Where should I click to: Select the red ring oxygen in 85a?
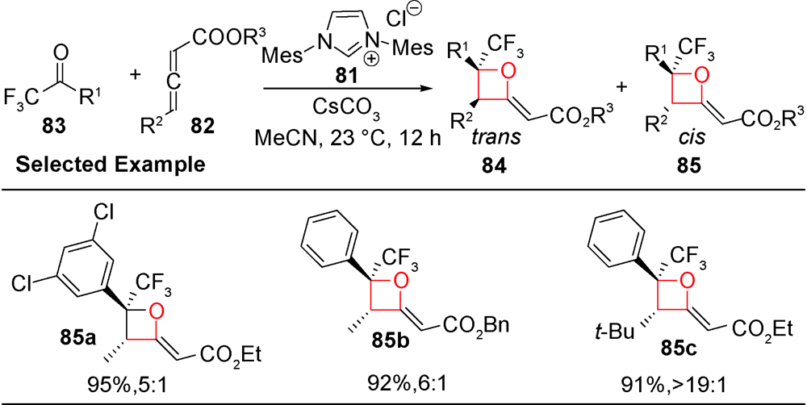pos(157,311)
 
